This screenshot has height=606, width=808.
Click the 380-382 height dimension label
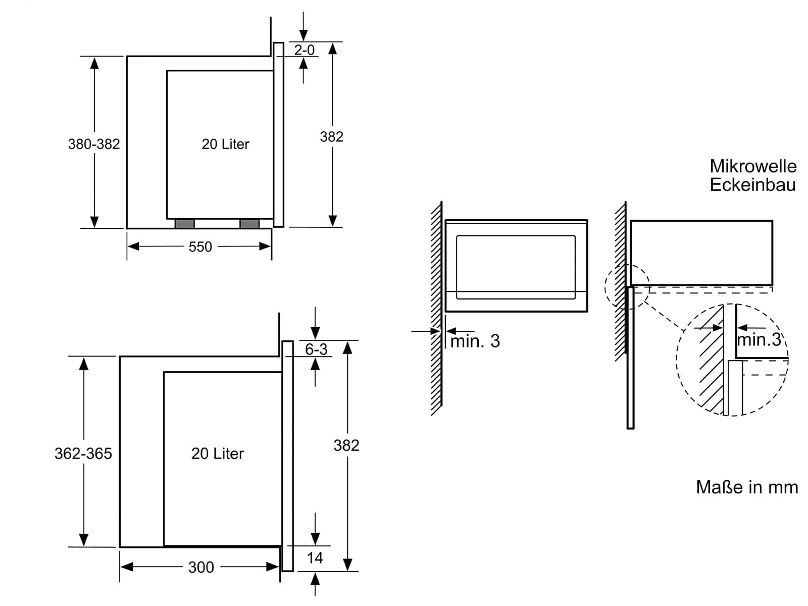pos(94,144)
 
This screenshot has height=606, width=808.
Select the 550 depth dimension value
pos(200,247)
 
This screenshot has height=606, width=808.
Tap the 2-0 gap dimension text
pos(304,50)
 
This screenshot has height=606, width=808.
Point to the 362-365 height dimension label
pos(83,453)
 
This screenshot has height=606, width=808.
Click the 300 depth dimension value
pos(201,567)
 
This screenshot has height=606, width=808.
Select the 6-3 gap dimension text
pos(316,349)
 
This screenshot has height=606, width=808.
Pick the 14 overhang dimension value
pos(315,558)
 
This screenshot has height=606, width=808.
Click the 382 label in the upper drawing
pos(331,137)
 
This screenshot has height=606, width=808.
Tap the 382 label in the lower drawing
pos(346,445)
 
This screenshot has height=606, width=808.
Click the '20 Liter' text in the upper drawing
pos(225,144)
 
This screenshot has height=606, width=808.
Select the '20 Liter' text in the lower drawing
pos(217,453)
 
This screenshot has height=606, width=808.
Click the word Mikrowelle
pos(753,166)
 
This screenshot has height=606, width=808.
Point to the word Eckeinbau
pos(752,185)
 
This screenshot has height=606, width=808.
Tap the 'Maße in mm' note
pos(747,487)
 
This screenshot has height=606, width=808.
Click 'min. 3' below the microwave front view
pos(475,341)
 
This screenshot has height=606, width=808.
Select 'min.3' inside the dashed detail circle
pos(759,340)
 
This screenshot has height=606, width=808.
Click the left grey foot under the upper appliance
pos(184,224)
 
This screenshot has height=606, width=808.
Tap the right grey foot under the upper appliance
pos(249,224)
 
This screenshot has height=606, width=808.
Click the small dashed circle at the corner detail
pos(627,286)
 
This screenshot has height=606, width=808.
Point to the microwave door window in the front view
pos(516,263)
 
